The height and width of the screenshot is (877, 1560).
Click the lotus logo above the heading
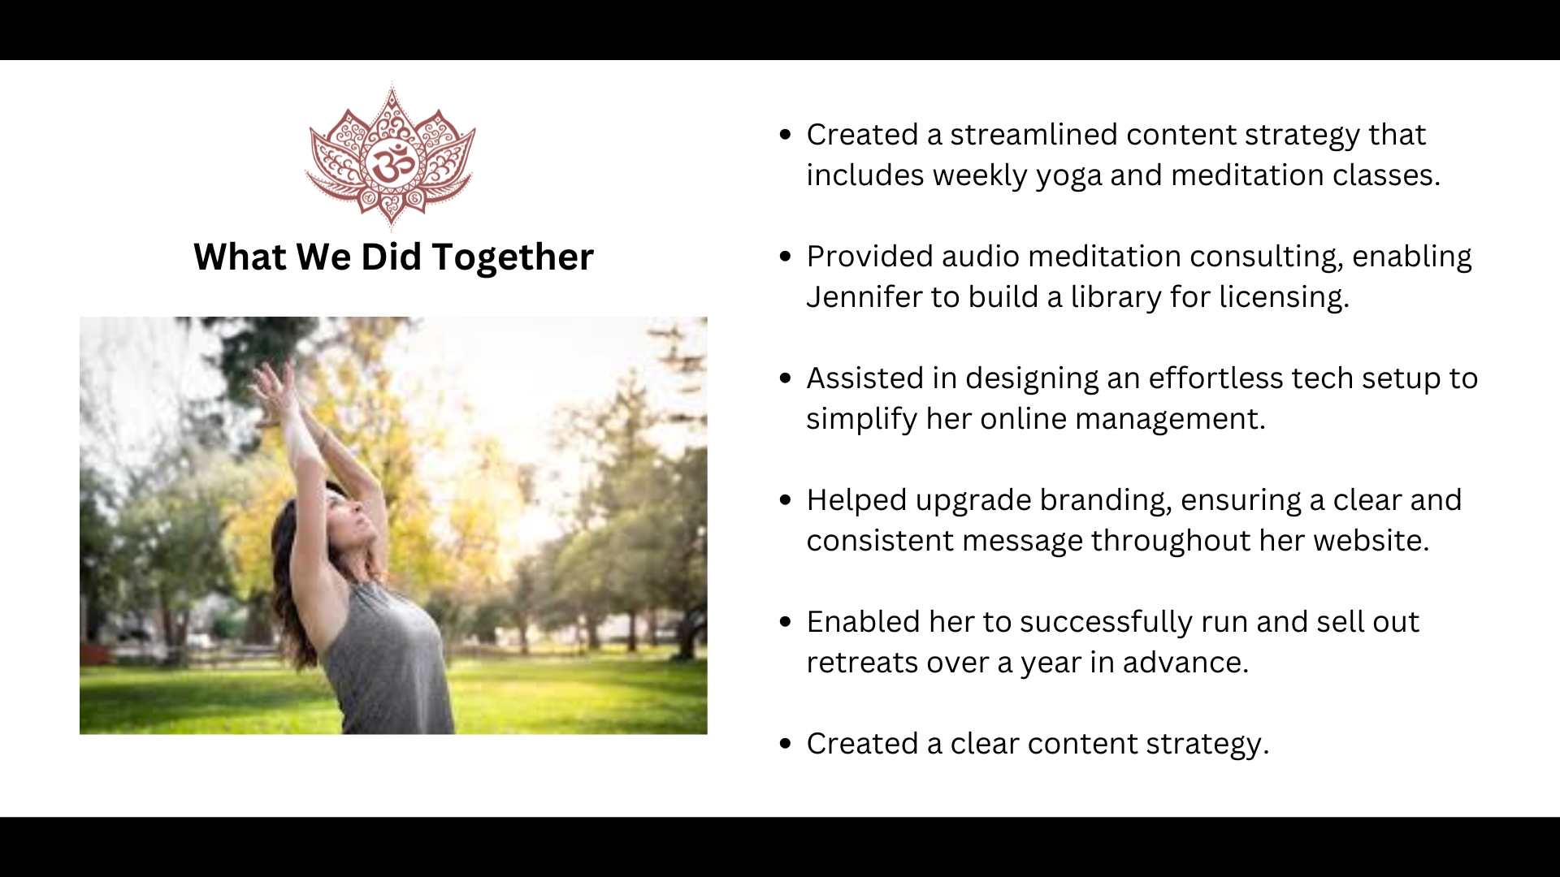click(391, 156)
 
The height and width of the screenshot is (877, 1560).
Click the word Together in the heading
click(513, 258)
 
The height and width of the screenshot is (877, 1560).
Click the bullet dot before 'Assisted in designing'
click(785, 378)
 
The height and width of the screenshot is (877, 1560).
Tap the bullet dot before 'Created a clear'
click(785, 744)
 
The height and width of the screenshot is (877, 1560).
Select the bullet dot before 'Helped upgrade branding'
click(785, 500)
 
